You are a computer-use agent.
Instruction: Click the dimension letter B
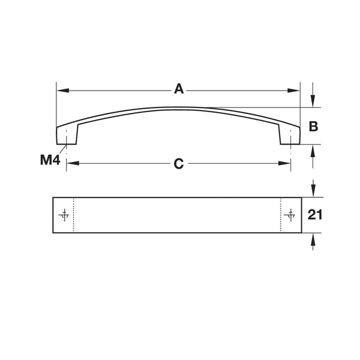pyautogui.click(x=313, y=127)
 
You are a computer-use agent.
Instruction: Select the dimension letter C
pyautogui.click(x=178, y=163)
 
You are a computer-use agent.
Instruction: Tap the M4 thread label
pyautogui.click(x=49, y=160)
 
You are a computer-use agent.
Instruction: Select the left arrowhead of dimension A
pyautogui.click(x=61, y=91)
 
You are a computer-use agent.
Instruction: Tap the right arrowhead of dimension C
pyautogui.click(x=287, y=163)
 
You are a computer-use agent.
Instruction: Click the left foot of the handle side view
pyautogui.click(x=67, y=137)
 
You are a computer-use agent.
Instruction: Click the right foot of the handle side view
pyautogui.click(x=289, y=137)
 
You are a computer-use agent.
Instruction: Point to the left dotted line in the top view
pyautogui.click(x=73, y=215)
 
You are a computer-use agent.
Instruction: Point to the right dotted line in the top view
pyautogui.click(x=281, y=215)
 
